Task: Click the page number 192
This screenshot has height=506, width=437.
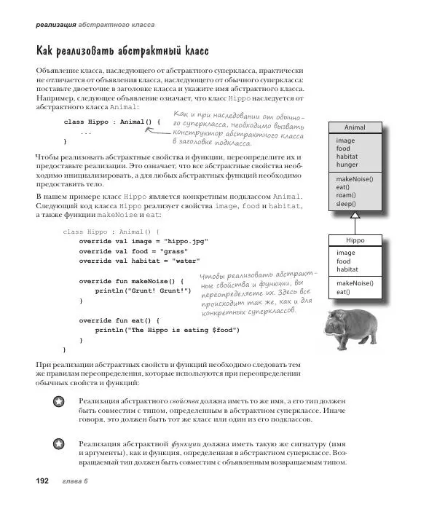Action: click(36, 481)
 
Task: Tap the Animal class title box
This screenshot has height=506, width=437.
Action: click(354, 127)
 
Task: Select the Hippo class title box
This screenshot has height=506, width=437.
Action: click(355, 240)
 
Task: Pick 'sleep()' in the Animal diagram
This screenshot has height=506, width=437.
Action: click(347, 205)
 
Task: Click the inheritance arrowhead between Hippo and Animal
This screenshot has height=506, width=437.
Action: click(355, 216)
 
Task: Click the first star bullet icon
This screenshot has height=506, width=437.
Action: click(58, 401)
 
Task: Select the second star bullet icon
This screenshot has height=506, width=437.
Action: click(58, 443)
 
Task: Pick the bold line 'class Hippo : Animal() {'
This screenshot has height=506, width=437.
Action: click(111, 122)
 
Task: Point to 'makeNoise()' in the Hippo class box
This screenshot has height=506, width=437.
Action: click(354, 282)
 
